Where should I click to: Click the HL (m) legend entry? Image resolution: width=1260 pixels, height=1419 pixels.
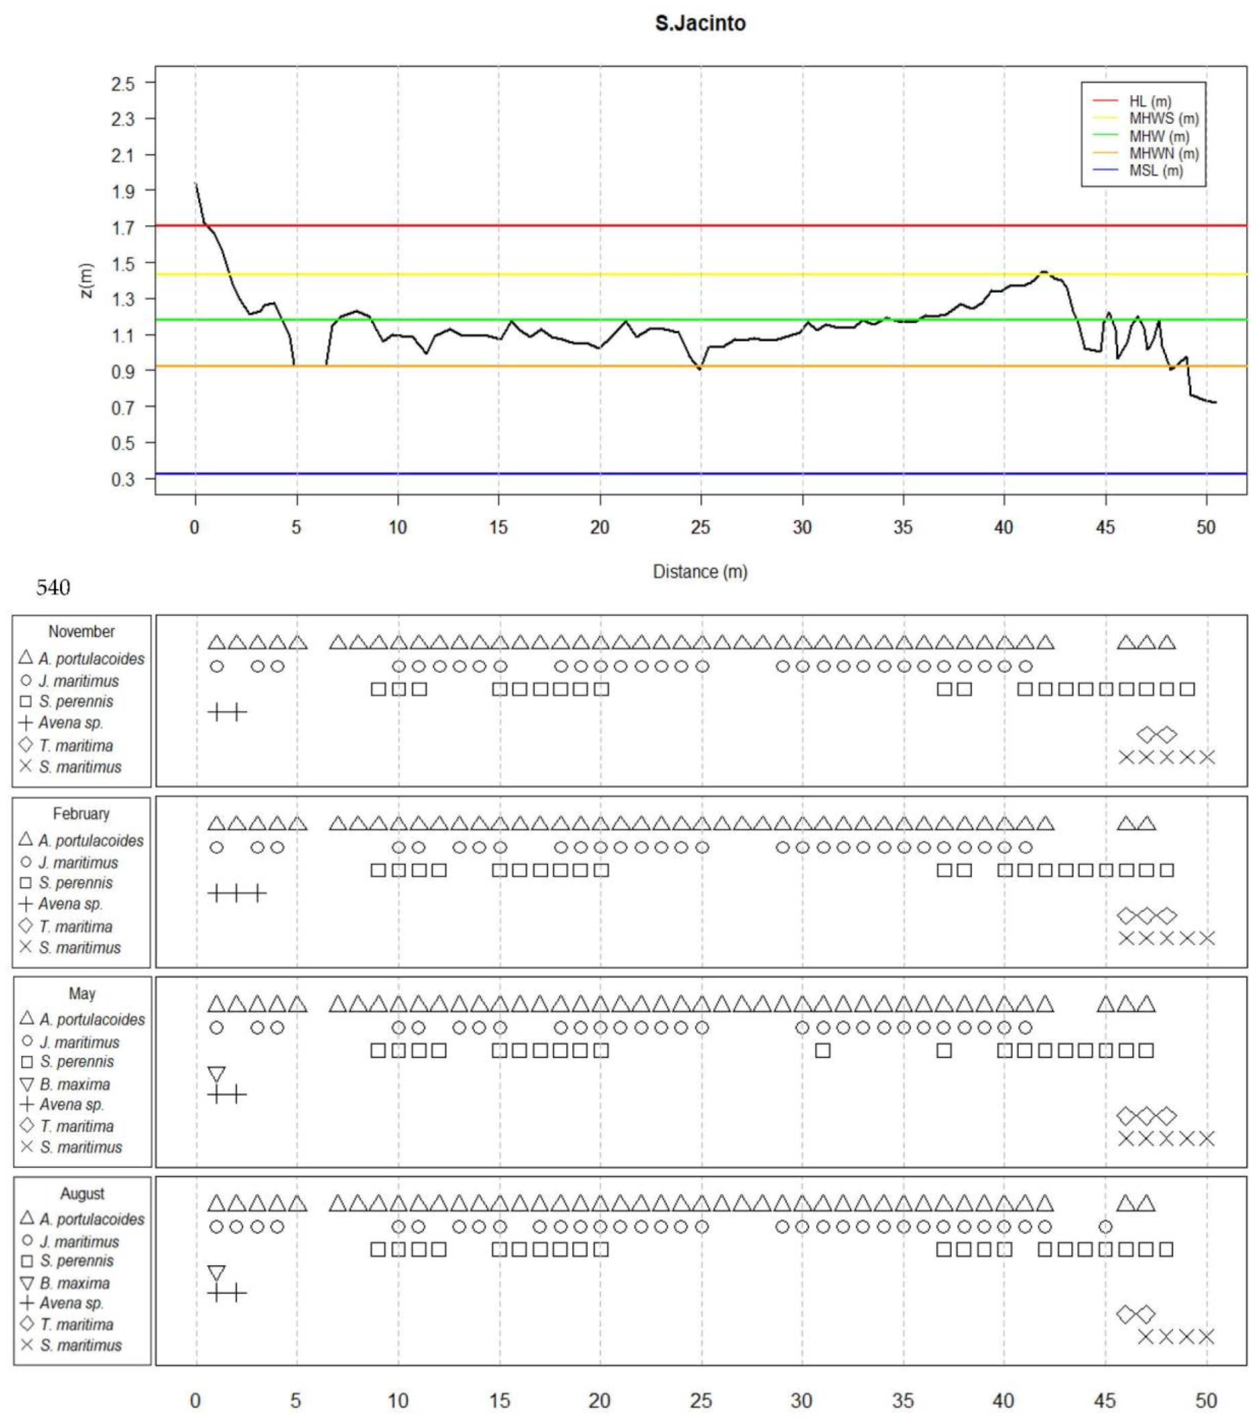1150,101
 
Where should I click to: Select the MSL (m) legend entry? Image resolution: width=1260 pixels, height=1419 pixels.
1155,171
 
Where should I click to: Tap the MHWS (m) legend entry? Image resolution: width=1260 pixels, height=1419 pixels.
1163,119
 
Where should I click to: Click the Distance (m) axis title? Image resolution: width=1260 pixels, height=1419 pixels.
700,572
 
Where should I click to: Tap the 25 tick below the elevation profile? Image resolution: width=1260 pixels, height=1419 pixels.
700,528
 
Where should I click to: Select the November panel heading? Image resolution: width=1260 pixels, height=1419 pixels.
81,632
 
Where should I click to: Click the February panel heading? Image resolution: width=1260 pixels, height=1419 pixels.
81,813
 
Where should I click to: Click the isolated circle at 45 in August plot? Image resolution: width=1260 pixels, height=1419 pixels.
1105,1227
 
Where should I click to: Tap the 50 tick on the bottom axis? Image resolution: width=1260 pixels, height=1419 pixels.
1206,1401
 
